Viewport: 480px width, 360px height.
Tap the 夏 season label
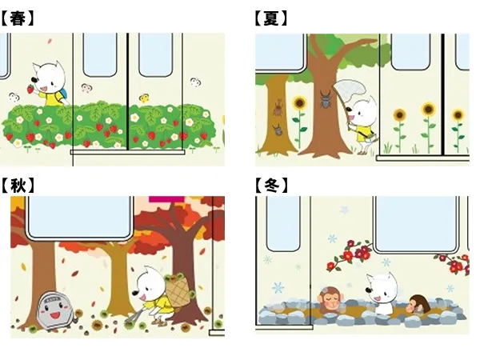click(270, 18)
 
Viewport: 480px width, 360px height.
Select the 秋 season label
click(18, 186)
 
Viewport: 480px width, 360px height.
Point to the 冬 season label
click(271, 186)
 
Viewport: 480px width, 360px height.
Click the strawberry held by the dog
click(30, 89)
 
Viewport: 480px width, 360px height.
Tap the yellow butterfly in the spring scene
click(144, 98)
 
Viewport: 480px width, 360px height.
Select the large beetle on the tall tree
click(326, 98)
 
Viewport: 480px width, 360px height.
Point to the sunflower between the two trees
click(299, 103)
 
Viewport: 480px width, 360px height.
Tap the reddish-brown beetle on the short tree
click(278, 107)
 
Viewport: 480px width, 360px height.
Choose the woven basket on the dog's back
click(178, 290)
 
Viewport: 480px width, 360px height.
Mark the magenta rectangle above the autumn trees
click(167, 198)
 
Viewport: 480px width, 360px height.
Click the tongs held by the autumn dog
click(135, 315)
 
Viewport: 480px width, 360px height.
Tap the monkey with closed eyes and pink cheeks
click(330, 298)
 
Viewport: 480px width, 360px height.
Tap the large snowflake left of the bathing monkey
click(278, 288)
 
